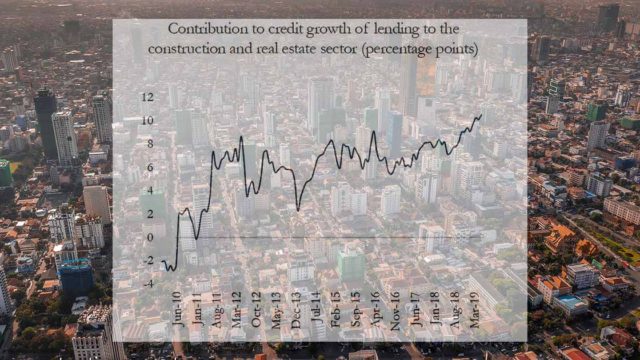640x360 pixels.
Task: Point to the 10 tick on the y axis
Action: click(147, 121)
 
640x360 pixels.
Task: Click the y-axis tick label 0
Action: click(150, 237)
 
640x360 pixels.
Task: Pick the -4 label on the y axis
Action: click(148, 283)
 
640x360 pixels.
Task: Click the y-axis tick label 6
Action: click(150, 167)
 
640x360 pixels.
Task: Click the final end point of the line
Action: click(481, 115)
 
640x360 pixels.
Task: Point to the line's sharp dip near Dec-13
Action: click(298, 209)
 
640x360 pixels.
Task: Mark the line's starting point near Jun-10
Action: click(162, 261)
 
